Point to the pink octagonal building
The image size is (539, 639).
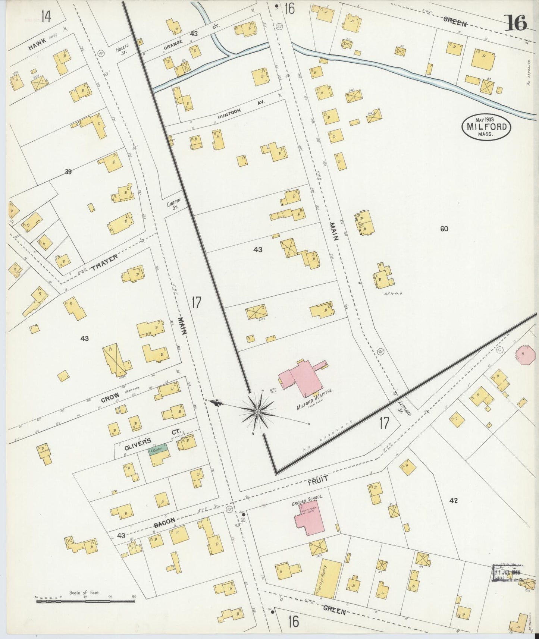[x=525, y=353]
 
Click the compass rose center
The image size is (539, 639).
[x=257, y=412]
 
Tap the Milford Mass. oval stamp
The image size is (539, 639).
[x=486, y=126]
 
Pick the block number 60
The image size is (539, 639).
[x=444, y=229]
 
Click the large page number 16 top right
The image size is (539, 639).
[x=516, y=23]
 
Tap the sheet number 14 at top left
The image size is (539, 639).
[x=46, y=17]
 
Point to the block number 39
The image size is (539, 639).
[x=68, y=172]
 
